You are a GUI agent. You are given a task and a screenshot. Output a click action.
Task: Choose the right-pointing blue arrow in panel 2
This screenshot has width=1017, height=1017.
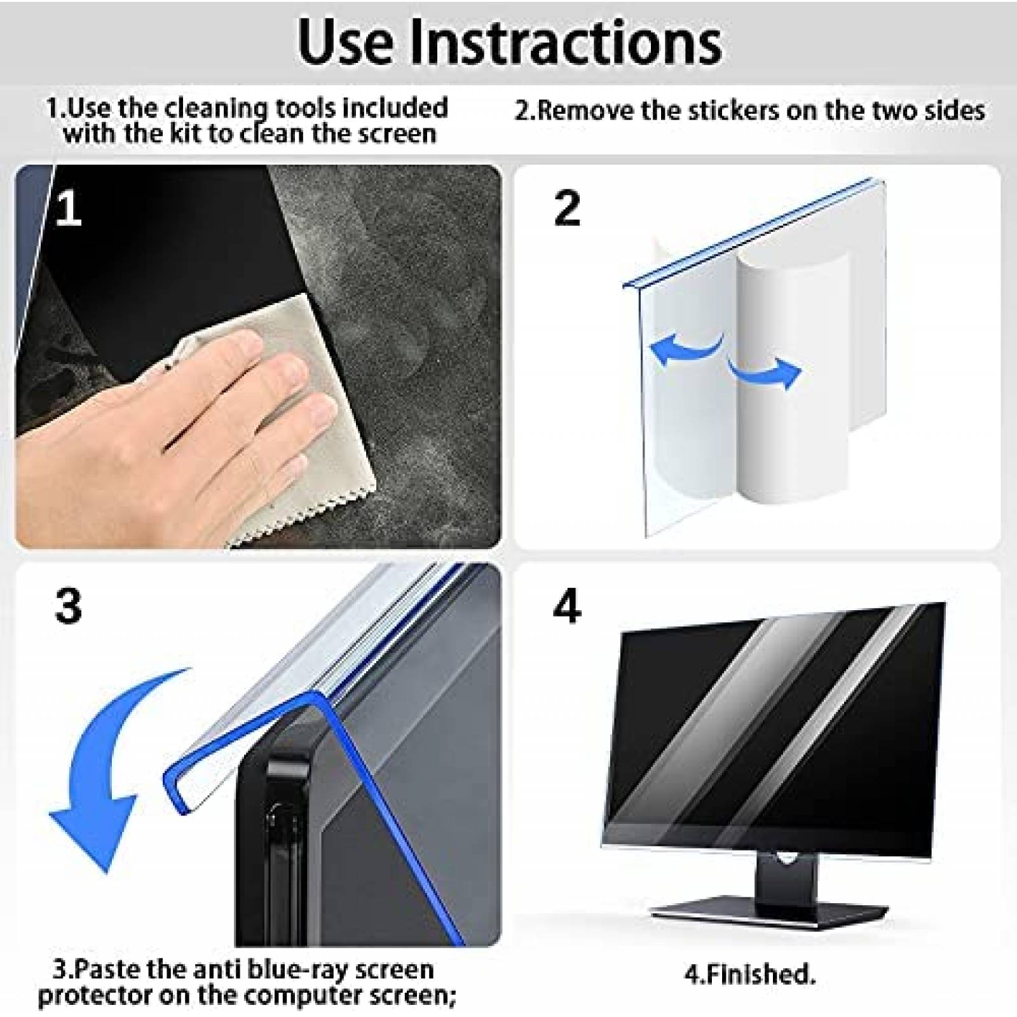pyautogui.click(x=766, y=375)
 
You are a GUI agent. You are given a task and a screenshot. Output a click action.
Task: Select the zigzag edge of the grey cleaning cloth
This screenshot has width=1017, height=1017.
pyautogui.click(x=299, y=508)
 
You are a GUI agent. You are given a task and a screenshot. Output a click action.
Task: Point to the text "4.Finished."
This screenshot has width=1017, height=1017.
pyautogui.click(x=750, y=974)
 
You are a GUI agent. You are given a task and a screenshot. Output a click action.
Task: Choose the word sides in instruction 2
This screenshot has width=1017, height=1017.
pyautogui.click(x=950, y=111)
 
